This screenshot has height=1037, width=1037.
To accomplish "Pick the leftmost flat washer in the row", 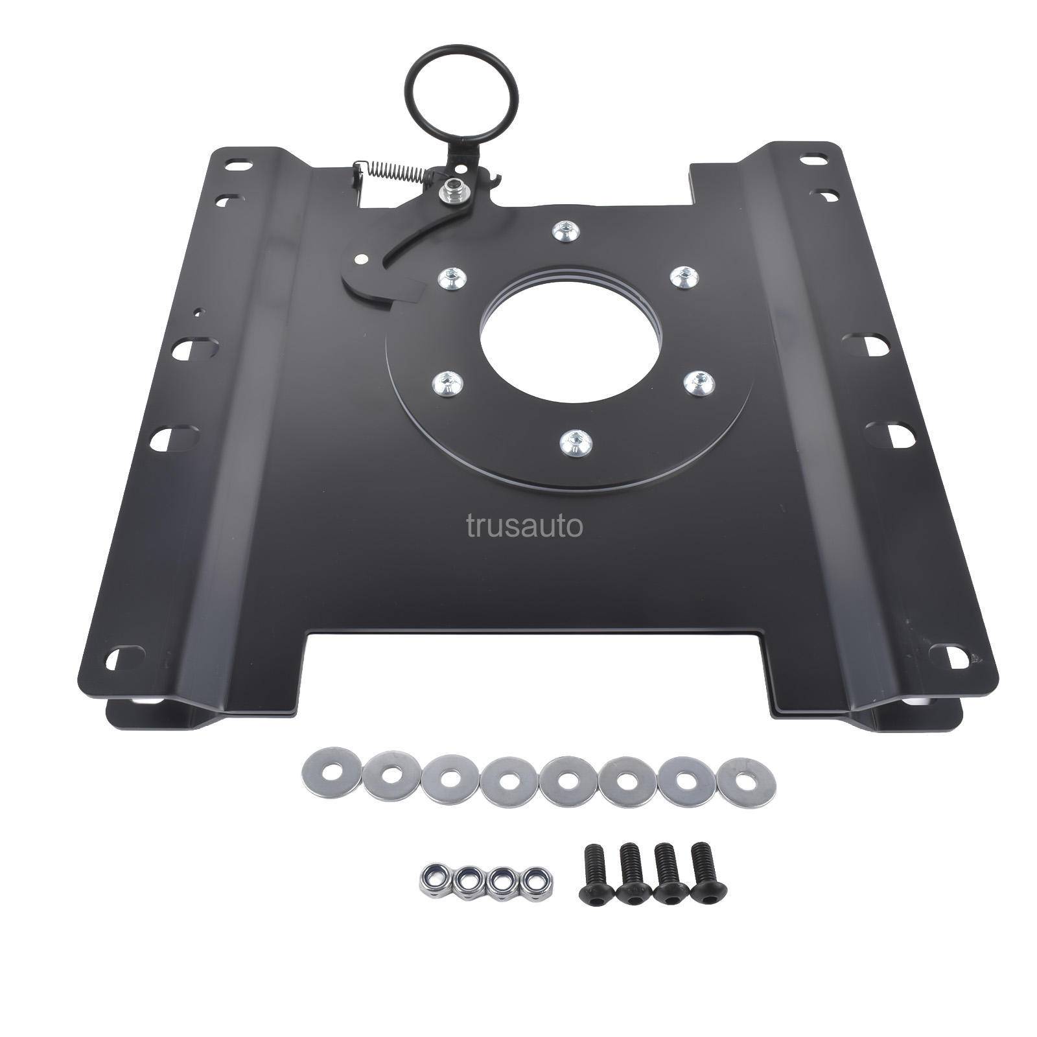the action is click(x=327, y=771).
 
